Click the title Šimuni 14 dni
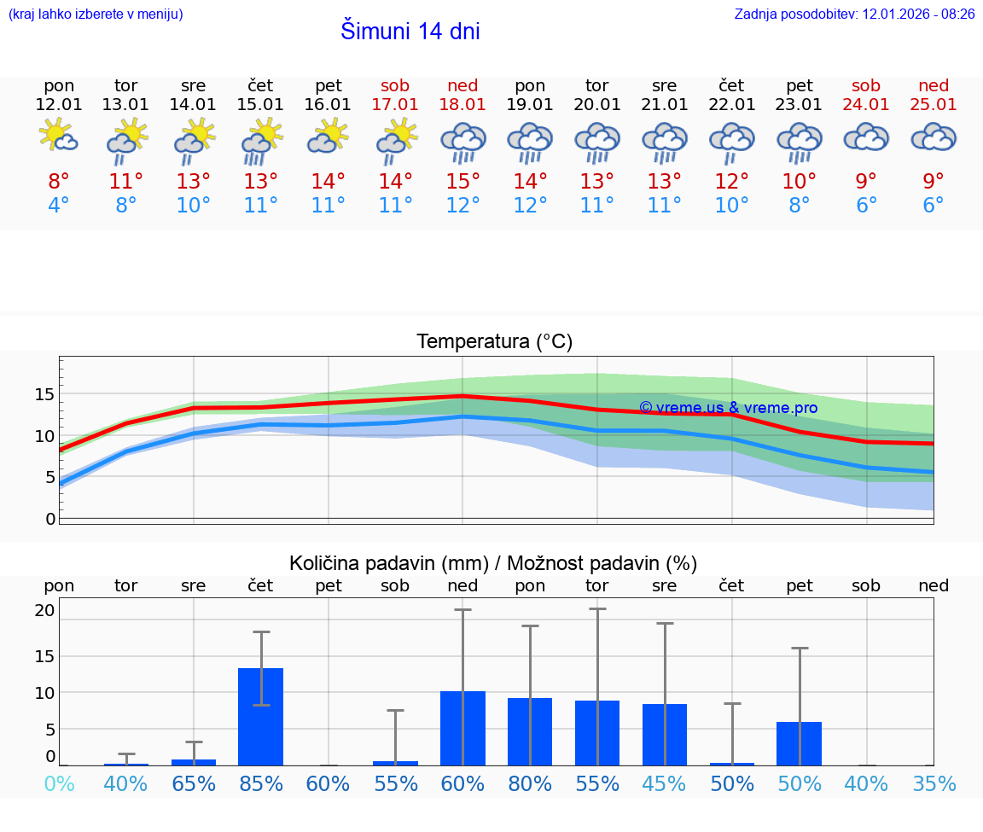tap(410, 32)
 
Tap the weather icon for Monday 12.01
tap(59, 137)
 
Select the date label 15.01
tap(260, 105)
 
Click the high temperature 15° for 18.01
tap(462, 181)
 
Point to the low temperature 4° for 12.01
tap(59, 206)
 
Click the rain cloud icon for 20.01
tap(596, 142)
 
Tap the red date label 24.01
tap(866, 105)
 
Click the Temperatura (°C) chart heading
tap(494, 342)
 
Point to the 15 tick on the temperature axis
tap(45, 394)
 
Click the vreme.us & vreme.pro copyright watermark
tap(728, 408)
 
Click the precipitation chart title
tap(492, 563)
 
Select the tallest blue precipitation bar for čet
tap(260, 717)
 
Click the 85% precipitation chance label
tap(260, 783)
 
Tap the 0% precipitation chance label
tap(59, 783)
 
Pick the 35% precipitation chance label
tap(933, 783)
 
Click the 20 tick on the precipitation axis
tap(45, 610)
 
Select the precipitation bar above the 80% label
tap(530, 731)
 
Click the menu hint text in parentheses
tap(96, 14)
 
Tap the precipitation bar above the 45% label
tap(664, 735)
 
